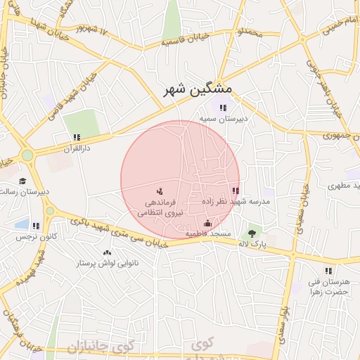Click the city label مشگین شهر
198,89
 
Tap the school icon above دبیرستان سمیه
223,108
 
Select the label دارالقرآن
77,149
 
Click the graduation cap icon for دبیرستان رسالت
22,181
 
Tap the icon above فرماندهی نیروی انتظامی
160,191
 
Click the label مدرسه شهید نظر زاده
236,201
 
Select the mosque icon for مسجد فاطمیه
207,224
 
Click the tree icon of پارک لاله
251,233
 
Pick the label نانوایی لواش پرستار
107,263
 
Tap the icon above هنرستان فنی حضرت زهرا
328,271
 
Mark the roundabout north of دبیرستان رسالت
27,155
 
